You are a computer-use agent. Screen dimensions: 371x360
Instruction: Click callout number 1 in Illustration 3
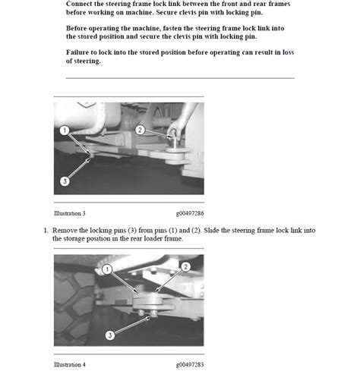coord(66,130)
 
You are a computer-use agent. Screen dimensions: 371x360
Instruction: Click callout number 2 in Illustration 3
coord(139,130)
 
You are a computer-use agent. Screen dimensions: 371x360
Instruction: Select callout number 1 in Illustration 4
coord(108,269)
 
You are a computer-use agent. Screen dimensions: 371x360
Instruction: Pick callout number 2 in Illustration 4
coord(186,267)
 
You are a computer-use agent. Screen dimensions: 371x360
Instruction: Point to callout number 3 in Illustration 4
coord(109,335)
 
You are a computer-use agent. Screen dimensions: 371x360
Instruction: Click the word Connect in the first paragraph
coord(81,5)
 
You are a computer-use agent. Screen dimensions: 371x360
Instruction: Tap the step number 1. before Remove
coord(46,230)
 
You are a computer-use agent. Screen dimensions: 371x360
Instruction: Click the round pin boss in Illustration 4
coord(144,303)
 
